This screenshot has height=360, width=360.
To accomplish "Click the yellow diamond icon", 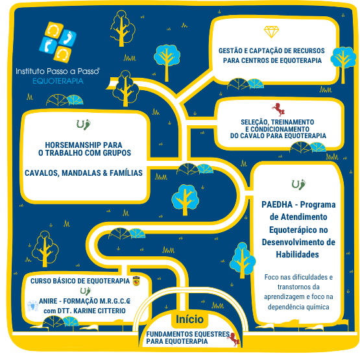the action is [x=271, y=32].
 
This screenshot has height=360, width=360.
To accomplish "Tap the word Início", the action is [x=189, y=319].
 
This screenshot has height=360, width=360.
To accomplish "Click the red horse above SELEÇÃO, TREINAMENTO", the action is [x=278, y=109].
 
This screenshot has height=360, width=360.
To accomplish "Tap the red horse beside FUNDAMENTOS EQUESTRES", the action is [x=234, y=339].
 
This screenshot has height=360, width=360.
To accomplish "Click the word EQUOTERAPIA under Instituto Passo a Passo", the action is [x=58, y=81].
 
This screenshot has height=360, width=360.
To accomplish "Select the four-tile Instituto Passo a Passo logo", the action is [x=58, y=42].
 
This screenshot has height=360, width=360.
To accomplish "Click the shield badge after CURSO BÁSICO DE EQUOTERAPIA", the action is [x=137, y=281].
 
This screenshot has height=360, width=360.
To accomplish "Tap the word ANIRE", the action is [x=47, y=301].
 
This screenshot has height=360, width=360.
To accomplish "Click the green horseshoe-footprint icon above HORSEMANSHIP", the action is [x=83, y=125].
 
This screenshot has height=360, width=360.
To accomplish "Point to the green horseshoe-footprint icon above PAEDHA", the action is [x=298, y=184].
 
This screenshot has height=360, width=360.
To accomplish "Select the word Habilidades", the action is [x=297, y=254].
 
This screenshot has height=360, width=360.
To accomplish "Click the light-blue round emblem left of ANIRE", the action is [x=32, y=306].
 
